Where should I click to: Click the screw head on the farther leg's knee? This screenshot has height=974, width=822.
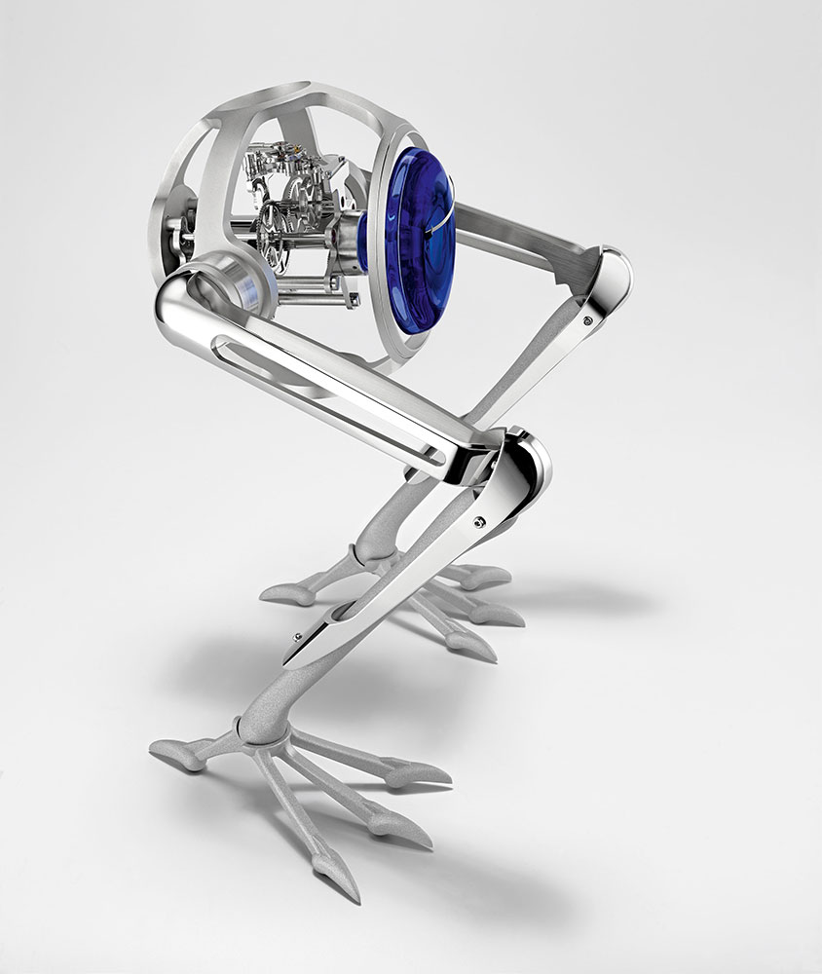(x=587, y=319)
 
